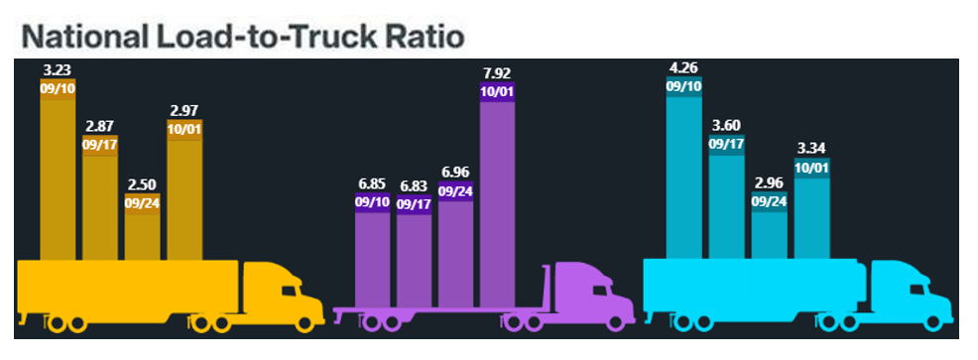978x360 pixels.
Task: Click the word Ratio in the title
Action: pos(419,36)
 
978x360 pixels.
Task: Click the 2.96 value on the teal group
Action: pos(769,182)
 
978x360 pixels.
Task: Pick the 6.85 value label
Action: pos(372,183)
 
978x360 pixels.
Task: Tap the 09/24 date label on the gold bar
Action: pos(142,203)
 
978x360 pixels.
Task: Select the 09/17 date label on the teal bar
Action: pos(726,144)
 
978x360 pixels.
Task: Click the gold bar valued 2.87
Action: pos(100,208)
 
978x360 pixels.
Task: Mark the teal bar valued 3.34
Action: pos(811,218)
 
